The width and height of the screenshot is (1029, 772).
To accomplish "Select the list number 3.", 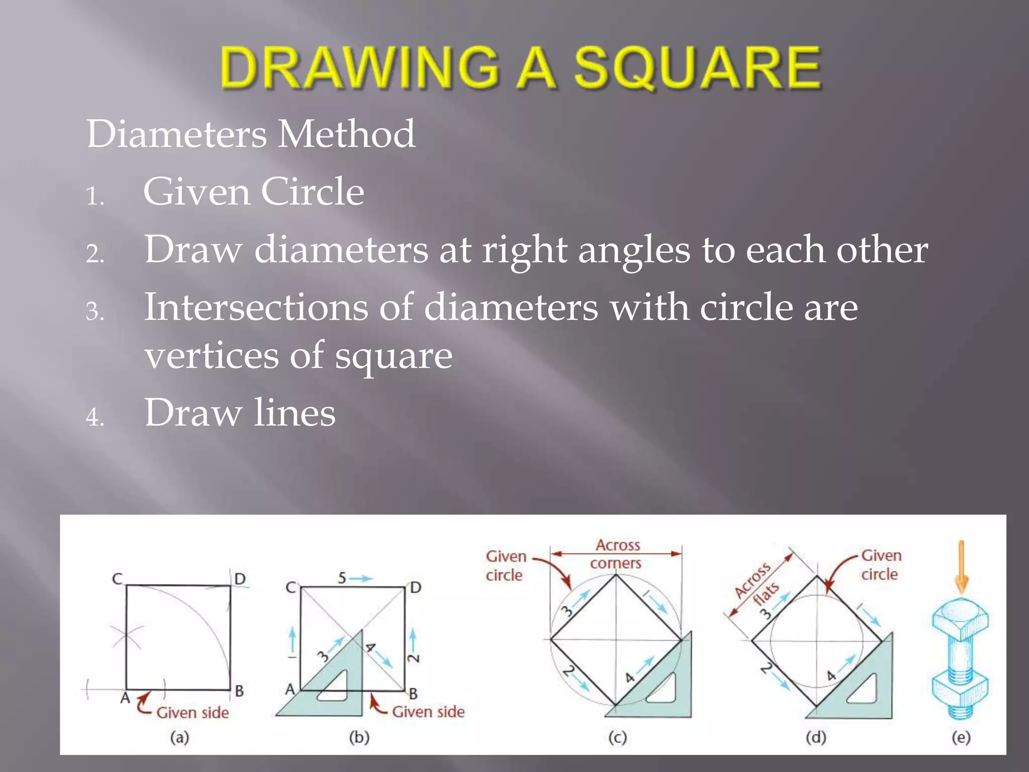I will [x=94, y=311].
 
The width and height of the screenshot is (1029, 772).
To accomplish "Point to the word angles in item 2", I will [x=634, y=250].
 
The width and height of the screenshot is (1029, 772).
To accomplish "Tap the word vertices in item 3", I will [x=212, y=355].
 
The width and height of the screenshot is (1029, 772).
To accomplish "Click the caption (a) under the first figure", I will [x=179, y=737].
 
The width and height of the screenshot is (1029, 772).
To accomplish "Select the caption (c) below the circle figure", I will [x=617, y=737].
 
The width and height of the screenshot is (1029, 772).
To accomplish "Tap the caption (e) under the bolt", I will [x=961, y=737].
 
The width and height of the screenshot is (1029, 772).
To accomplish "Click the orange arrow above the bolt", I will [x=961, y=565].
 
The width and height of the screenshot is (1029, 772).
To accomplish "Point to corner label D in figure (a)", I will [x=240, y=579].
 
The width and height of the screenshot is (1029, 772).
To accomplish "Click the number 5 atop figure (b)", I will [x=342, y=578].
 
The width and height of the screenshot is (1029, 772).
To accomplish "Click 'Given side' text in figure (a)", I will [x=192, y=713].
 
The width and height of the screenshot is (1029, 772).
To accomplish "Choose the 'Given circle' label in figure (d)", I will [x=881, y=564].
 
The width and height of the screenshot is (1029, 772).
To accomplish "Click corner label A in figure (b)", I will [x=290, y=690].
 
